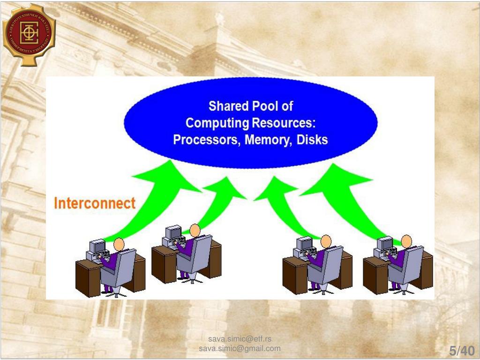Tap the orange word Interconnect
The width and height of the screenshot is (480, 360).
pos(95,203)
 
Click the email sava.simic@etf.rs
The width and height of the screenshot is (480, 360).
pos(240,339)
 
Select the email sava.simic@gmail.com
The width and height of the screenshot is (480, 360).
pos(240,348)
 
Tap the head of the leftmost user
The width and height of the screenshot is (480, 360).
pos(119,244)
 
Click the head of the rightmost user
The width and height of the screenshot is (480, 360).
pos(406,241)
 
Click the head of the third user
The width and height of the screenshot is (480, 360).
pos(325,241)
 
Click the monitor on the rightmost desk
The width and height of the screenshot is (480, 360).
pos(385,243)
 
